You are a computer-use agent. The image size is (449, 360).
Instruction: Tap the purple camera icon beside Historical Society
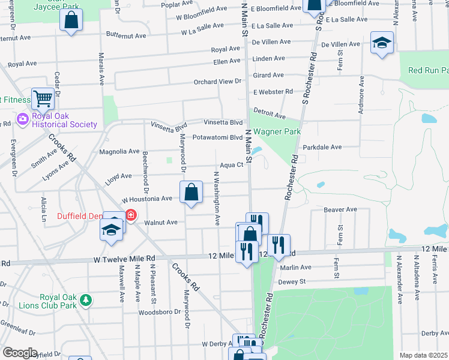coord(23,120)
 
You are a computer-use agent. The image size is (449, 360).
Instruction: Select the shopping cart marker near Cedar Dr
coord(43,98)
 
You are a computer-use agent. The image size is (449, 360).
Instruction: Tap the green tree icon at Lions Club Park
coord(86,299)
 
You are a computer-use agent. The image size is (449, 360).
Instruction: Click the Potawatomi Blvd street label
coord(217,137)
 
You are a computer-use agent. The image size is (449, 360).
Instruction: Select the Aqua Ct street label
coord(231,165)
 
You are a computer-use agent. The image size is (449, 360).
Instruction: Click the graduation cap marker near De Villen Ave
coord(382,43)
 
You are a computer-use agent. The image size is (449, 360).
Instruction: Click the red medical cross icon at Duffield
coord(130,215)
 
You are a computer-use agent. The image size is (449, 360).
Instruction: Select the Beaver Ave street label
coord(340,210)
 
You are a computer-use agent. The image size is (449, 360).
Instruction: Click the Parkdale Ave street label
coord(322,147)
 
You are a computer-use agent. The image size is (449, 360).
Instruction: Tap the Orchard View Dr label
coord(217,82)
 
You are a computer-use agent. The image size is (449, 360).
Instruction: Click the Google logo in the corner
coord(20,353)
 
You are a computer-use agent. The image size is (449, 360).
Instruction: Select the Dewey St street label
coord(293,281)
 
